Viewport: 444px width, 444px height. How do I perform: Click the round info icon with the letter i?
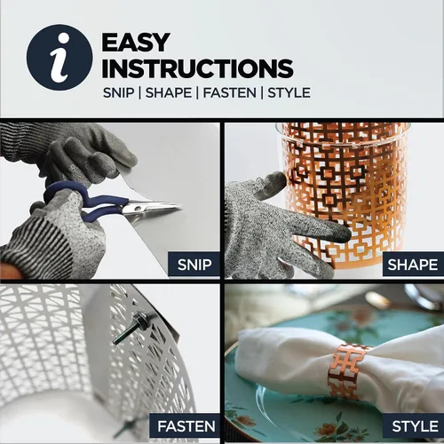[59, 57]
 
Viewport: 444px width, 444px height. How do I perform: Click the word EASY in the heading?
[136, 42]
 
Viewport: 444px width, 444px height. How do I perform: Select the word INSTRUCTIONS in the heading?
[197, 68]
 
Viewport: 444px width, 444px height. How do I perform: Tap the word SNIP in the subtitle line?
[118, 93]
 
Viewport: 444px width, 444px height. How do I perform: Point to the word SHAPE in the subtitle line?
[169, 93]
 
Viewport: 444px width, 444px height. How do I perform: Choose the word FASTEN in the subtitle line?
[229, 93]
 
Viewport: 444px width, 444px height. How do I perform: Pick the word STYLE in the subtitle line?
[289, 93]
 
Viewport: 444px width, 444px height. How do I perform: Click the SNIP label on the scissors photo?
[194, 265]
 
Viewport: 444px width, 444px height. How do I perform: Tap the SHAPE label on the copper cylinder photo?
[413, 265]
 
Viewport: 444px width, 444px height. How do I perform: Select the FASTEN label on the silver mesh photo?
[186, 426]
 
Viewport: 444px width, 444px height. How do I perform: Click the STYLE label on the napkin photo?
[415, 426]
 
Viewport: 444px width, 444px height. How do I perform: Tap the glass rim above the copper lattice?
[344, 126]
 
